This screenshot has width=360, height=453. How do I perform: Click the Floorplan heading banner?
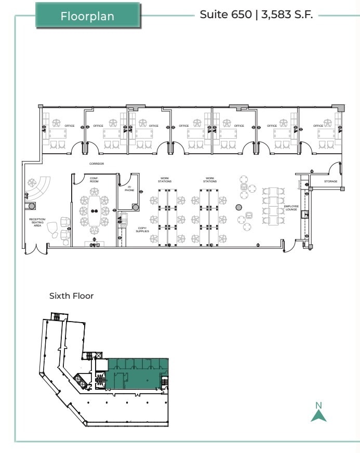pos(87,15)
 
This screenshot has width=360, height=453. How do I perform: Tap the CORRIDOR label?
pos(97,164)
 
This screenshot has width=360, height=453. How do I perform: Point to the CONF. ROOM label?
pos(94,180)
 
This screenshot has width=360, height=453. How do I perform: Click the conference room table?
pos(95,210)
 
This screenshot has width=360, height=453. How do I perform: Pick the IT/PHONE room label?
pos(129,189)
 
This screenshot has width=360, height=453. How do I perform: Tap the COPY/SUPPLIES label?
pos(142,229)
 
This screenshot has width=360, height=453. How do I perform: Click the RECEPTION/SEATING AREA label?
pos(37,222)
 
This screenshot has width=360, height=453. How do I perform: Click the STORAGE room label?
pos(331,181)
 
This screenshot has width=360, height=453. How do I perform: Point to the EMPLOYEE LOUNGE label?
pos(291,208)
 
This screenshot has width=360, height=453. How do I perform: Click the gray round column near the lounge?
pos(238,207)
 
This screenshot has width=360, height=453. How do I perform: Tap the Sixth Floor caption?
pos(71,296)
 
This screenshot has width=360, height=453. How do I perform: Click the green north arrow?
pos(318,415)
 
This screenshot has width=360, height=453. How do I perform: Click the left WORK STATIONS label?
pos(165,180)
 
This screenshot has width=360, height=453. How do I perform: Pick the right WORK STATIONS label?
pos(210,180)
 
